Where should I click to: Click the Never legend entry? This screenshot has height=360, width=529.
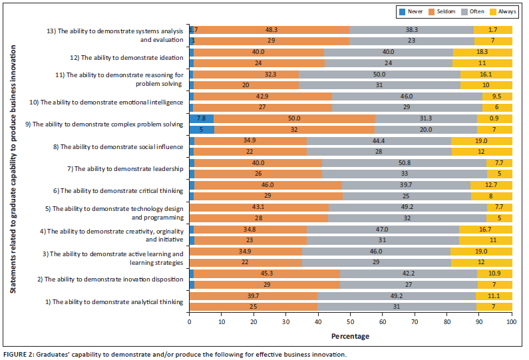413,11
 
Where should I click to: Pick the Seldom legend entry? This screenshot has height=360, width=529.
442,11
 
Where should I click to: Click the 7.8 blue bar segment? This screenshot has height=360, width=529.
202,118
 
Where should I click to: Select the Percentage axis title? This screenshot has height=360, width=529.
351,336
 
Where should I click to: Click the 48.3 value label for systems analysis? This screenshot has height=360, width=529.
271,30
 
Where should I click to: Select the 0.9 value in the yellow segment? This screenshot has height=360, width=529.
494,118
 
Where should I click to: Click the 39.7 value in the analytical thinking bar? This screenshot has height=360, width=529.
254,295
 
